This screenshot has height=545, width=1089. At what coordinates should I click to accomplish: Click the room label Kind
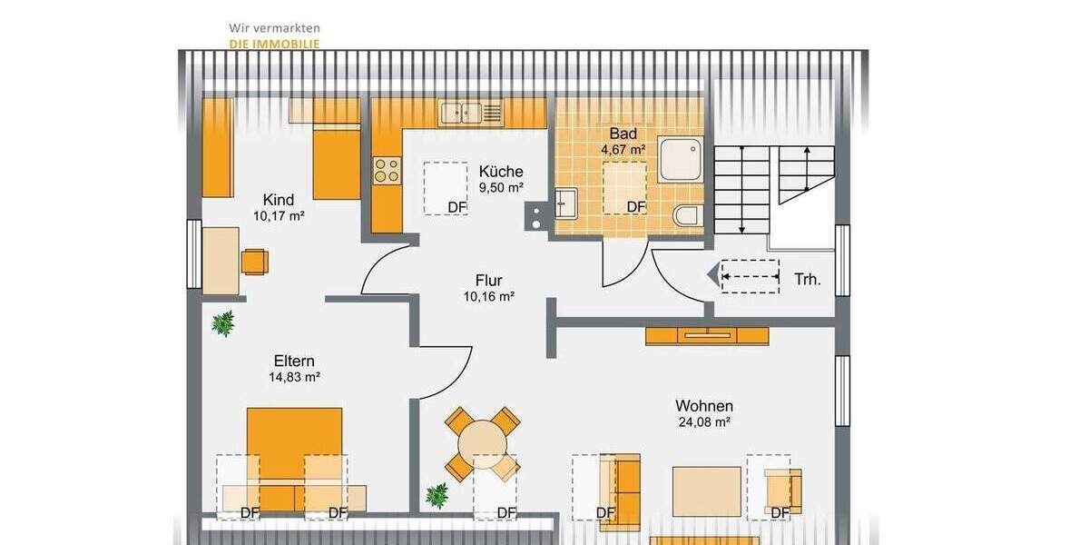(278, 200)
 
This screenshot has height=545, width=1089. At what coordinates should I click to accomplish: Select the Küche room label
(501, 172)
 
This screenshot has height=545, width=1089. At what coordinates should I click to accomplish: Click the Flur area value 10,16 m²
(489, 296)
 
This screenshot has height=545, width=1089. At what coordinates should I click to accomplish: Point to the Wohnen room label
(703, 406)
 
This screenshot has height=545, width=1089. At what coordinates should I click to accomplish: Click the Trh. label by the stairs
(807, 280)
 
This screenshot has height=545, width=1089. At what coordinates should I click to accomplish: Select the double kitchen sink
(462, 113)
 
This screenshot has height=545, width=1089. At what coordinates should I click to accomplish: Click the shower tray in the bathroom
(680, 159)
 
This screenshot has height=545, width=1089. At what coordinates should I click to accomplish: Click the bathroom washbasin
(565, 204)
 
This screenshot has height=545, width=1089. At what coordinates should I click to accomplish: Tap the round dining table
(482, 444)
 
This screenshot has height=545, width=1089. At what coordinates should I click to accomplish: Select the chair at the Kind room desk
(255, 261)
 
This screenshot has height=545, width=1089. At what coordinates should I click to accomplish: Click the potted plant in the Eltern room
(222, 323)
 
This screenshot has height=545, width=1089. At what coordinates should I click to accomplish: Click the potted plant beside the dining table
(437, 495)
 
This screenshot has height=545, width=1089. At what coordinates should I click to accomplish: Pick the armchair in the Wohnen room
(781, 487)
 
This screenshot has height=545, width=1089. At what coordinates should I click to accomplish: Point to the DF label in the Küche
(457, 207)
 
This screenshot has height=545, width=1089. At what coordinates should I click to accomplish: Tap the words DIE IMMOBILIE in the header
(274, 43)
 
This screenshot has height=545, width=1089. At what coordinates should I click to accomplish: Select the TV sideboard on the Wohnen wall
(707, 335)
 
